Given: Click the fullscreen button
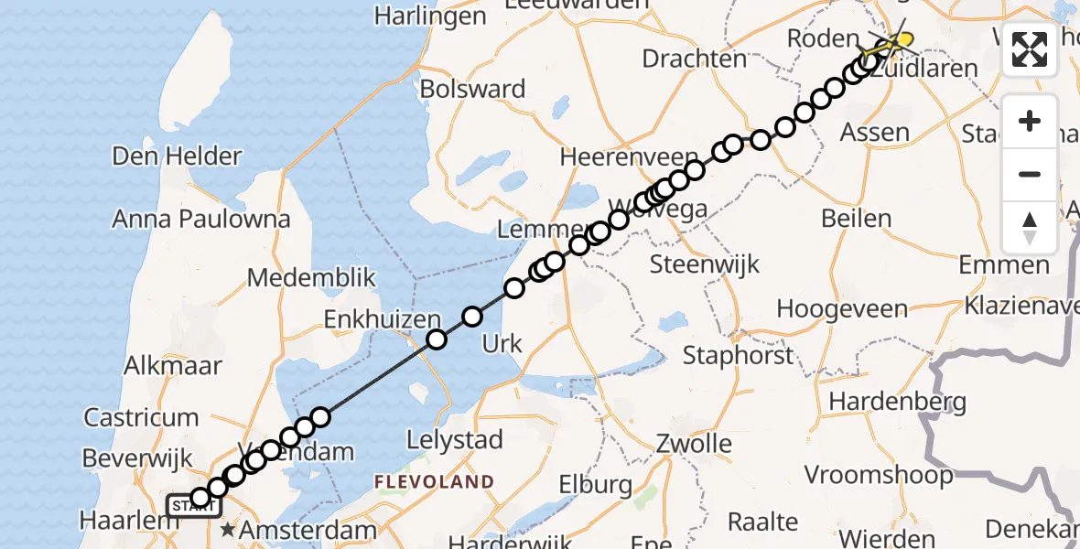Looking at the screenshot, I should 1030,48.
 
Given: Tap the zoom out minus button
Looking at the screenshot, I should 1030,174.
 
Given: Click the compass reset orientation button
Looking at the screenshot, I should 1030,228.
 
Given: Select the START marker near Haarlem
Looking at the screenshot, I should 193,505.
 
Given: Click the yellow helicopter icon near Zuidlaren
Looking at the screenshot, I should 902,40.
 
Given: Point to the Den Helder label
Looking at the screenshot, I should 177,156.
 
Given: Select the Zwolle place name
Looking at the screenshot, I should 694,445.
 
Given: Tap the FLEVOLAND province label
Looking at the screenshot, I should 433,481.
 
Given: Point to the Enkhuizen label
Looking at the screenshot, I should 383,319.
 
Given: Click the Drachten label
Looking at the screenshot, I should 695,59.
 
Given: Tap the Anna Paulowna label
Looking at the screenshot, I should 201,219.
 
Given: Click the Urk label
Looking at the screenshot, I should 502,344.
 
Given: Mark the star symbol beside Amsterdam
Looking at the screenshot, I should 228,529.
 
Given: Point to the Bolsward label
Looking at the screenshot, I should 472,89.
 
